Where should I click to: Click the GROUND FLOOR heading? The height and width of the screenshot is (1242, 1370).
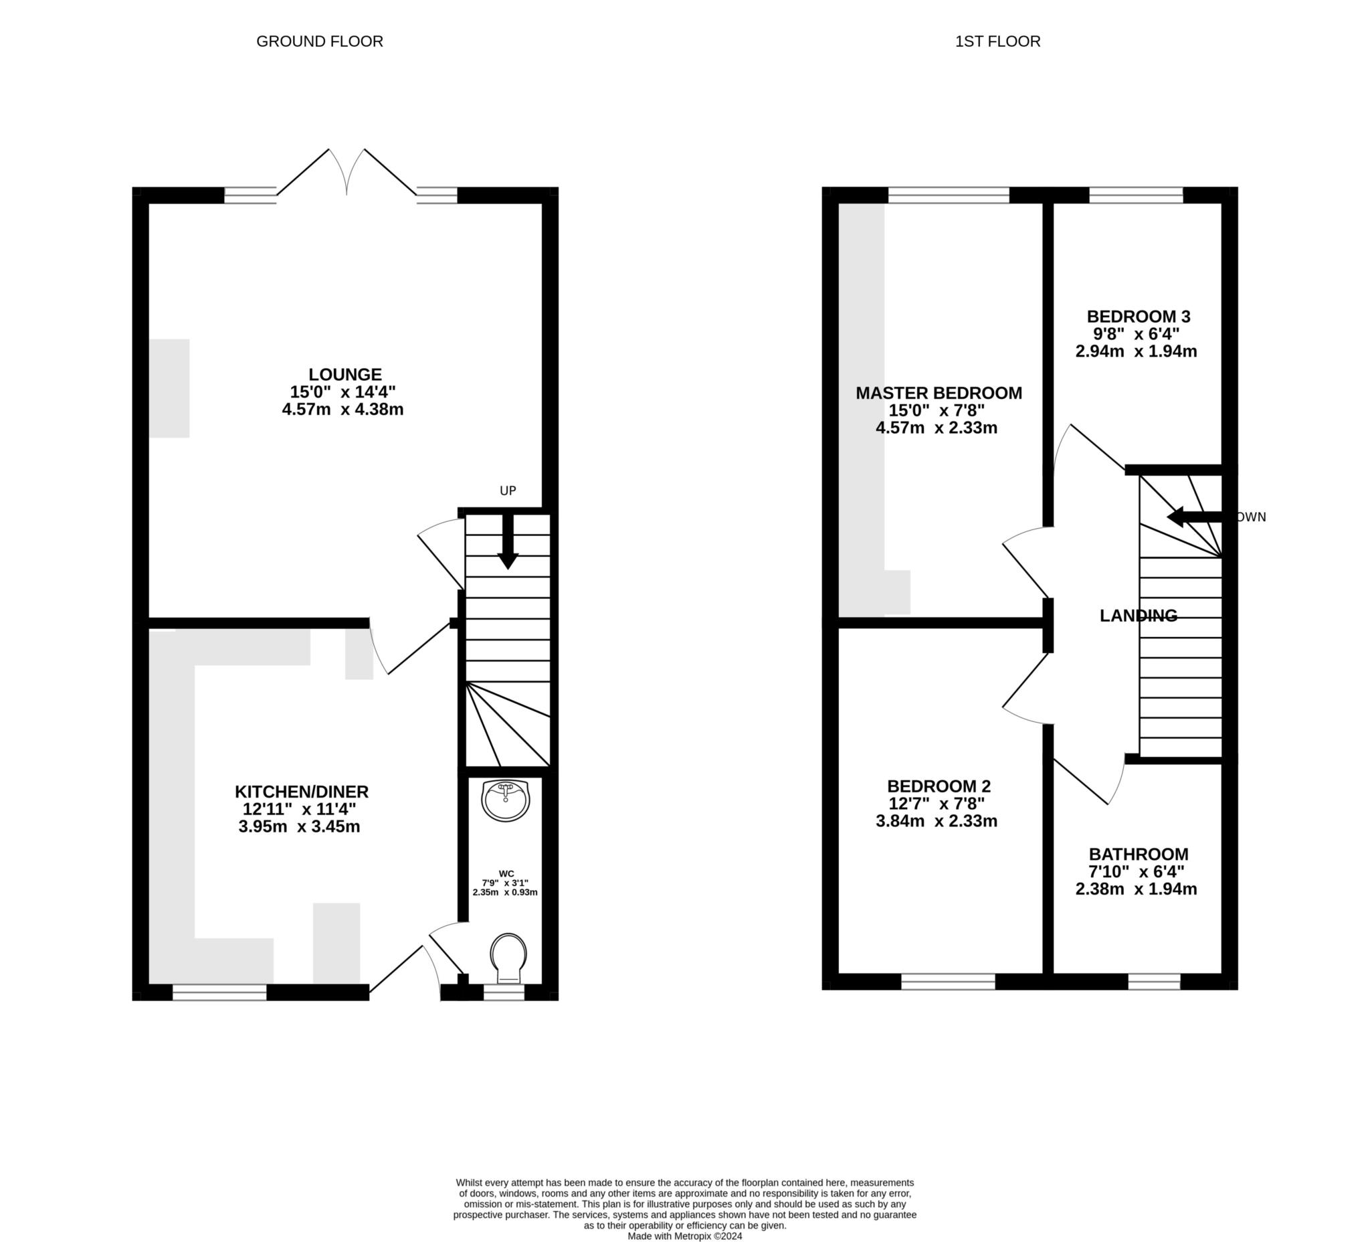[x=319, y=41]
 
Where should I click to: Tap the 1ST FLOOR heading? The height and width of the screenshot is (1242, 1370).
[x=997, y=41]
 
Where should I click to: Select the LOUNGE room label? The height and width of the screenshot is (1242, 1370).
[x=345, y=375]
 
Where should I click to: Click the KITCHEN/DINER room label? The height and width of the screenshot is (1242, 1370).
[x=302, y=792]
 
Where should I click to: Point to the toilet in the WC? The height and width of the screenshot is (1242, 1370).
[x=508, y=958]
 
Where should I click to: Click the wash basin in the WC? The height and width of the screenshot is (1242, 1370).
[x=505, y=801]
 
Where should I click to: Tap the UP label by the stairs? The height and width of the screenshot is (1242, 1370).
[x=508, y=491]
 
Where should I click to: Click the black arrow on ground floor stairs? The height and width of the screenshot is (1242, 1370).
[x=508, y=542]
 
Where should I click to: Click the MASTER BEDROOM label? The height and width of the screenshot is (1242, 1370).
[x=939, y=393]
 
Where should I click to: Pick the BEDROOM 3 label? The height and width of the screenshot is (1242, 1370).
[x=1139, y=317]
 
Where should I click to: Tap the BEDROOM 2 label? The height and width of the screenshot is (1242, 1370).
[x=939, y=786]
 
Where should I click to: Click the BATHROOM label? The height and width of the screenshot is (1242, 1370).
[x=1139, y=855]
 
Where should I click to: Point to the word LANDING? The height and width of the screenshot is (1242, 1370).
[x=1139, y=616]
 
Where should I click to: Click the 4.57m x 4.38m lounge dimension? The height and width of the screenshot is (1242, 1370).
[x=342, y=410]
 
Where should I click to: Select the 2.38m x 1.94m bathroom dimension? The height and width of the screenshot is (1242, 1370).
[x=1137, y=889]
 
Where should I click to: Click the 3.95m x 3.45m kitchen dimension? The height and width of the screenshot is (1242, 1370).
[x=299, y=827]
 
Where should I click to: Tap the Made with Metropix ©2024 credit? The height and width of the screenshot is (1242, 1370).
[x=685, y=1236]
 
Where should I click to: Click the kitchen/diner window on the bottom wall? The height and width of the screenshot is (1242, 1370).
[x=219, y=992]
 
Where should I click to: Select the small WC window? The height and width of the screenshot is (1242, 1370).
[x=504, y=992]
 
